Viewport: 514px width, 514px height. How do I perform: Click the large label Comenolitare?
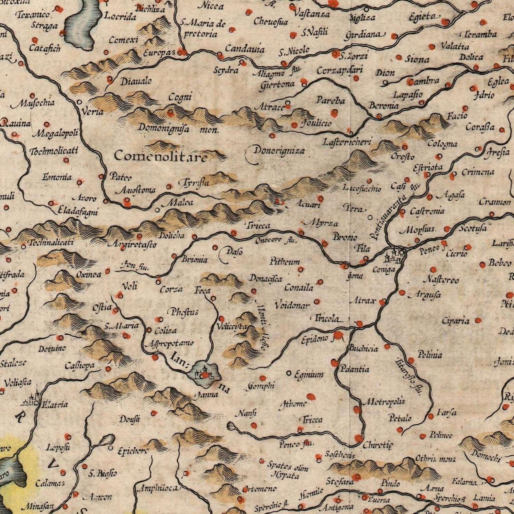160,156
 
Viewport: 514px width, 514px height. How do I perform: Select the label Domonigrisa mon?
179,128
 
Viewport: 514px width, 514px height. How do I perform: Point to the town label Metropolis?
384,402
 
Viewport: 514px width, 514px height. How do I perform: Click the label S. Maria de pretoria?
203,28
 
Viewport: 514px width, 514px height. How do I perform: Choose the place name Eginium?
308,375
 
